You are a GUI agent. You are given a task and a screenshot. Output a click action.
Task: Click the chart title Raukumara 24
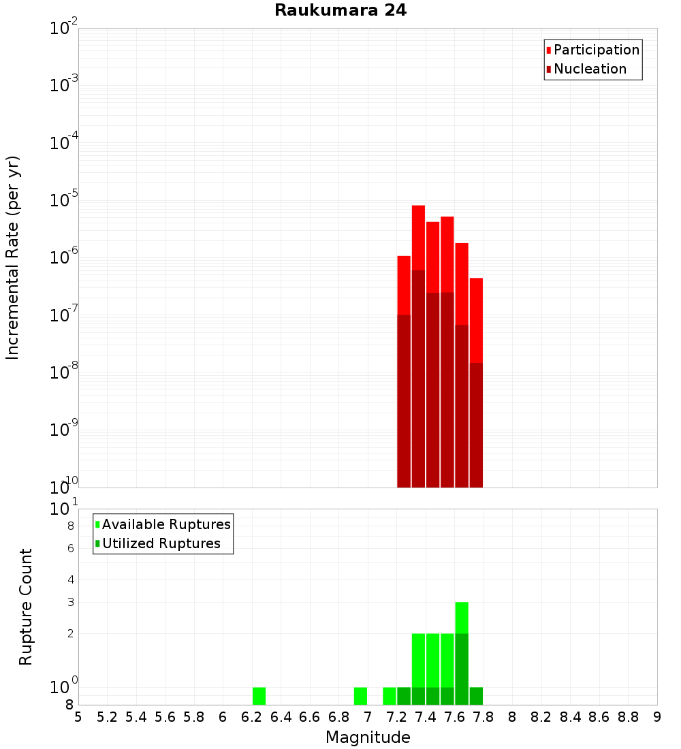point(340,11)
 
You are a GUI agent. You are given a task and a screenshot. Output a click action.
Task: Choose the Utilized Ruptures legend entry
point(161,543)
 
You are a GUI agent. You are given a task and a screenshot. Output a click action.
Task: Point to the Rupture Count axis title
point(26,607)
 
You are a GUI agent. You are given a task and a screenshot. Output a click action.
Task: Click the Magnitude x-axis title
point(368,737)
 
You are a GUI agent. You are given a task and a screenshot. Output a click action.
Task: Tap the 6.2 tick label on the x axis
point(252,717)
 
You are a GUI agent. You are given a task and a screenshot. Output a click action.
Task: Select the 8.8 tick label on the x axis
point(628,717)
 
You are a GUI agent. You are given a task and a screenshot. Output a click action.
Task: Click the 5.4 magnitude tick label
point(136,717)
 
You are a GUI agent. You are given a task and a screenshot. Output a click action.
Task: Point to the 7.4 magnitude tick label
point(426,717)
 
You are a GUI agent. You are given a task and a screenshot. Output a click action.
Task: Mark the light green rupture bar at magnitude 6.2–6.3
point(259,696)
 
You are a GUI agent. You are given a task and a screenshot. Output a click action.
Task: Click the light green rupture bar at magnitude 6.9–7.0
point(360,696)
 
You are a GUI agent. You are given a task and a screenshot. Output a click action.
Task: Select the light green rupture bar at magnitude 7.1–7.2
point(390,696)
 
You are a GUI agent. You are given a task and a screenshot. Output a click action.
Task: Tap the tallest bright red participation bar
point(418,238)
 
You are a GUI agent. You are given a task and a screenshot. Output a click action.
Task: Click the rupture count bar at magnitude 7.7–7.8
point(476,696)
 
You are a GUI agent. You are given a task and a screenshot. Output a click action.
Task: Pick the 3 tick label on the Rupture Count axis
point(71,602)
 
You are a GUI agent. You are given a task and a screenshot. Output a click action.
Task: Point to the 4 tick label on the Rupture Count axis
point(71,579)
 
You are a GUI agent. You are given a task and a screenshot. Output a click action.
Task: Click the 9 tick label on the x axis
point(657,717)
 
